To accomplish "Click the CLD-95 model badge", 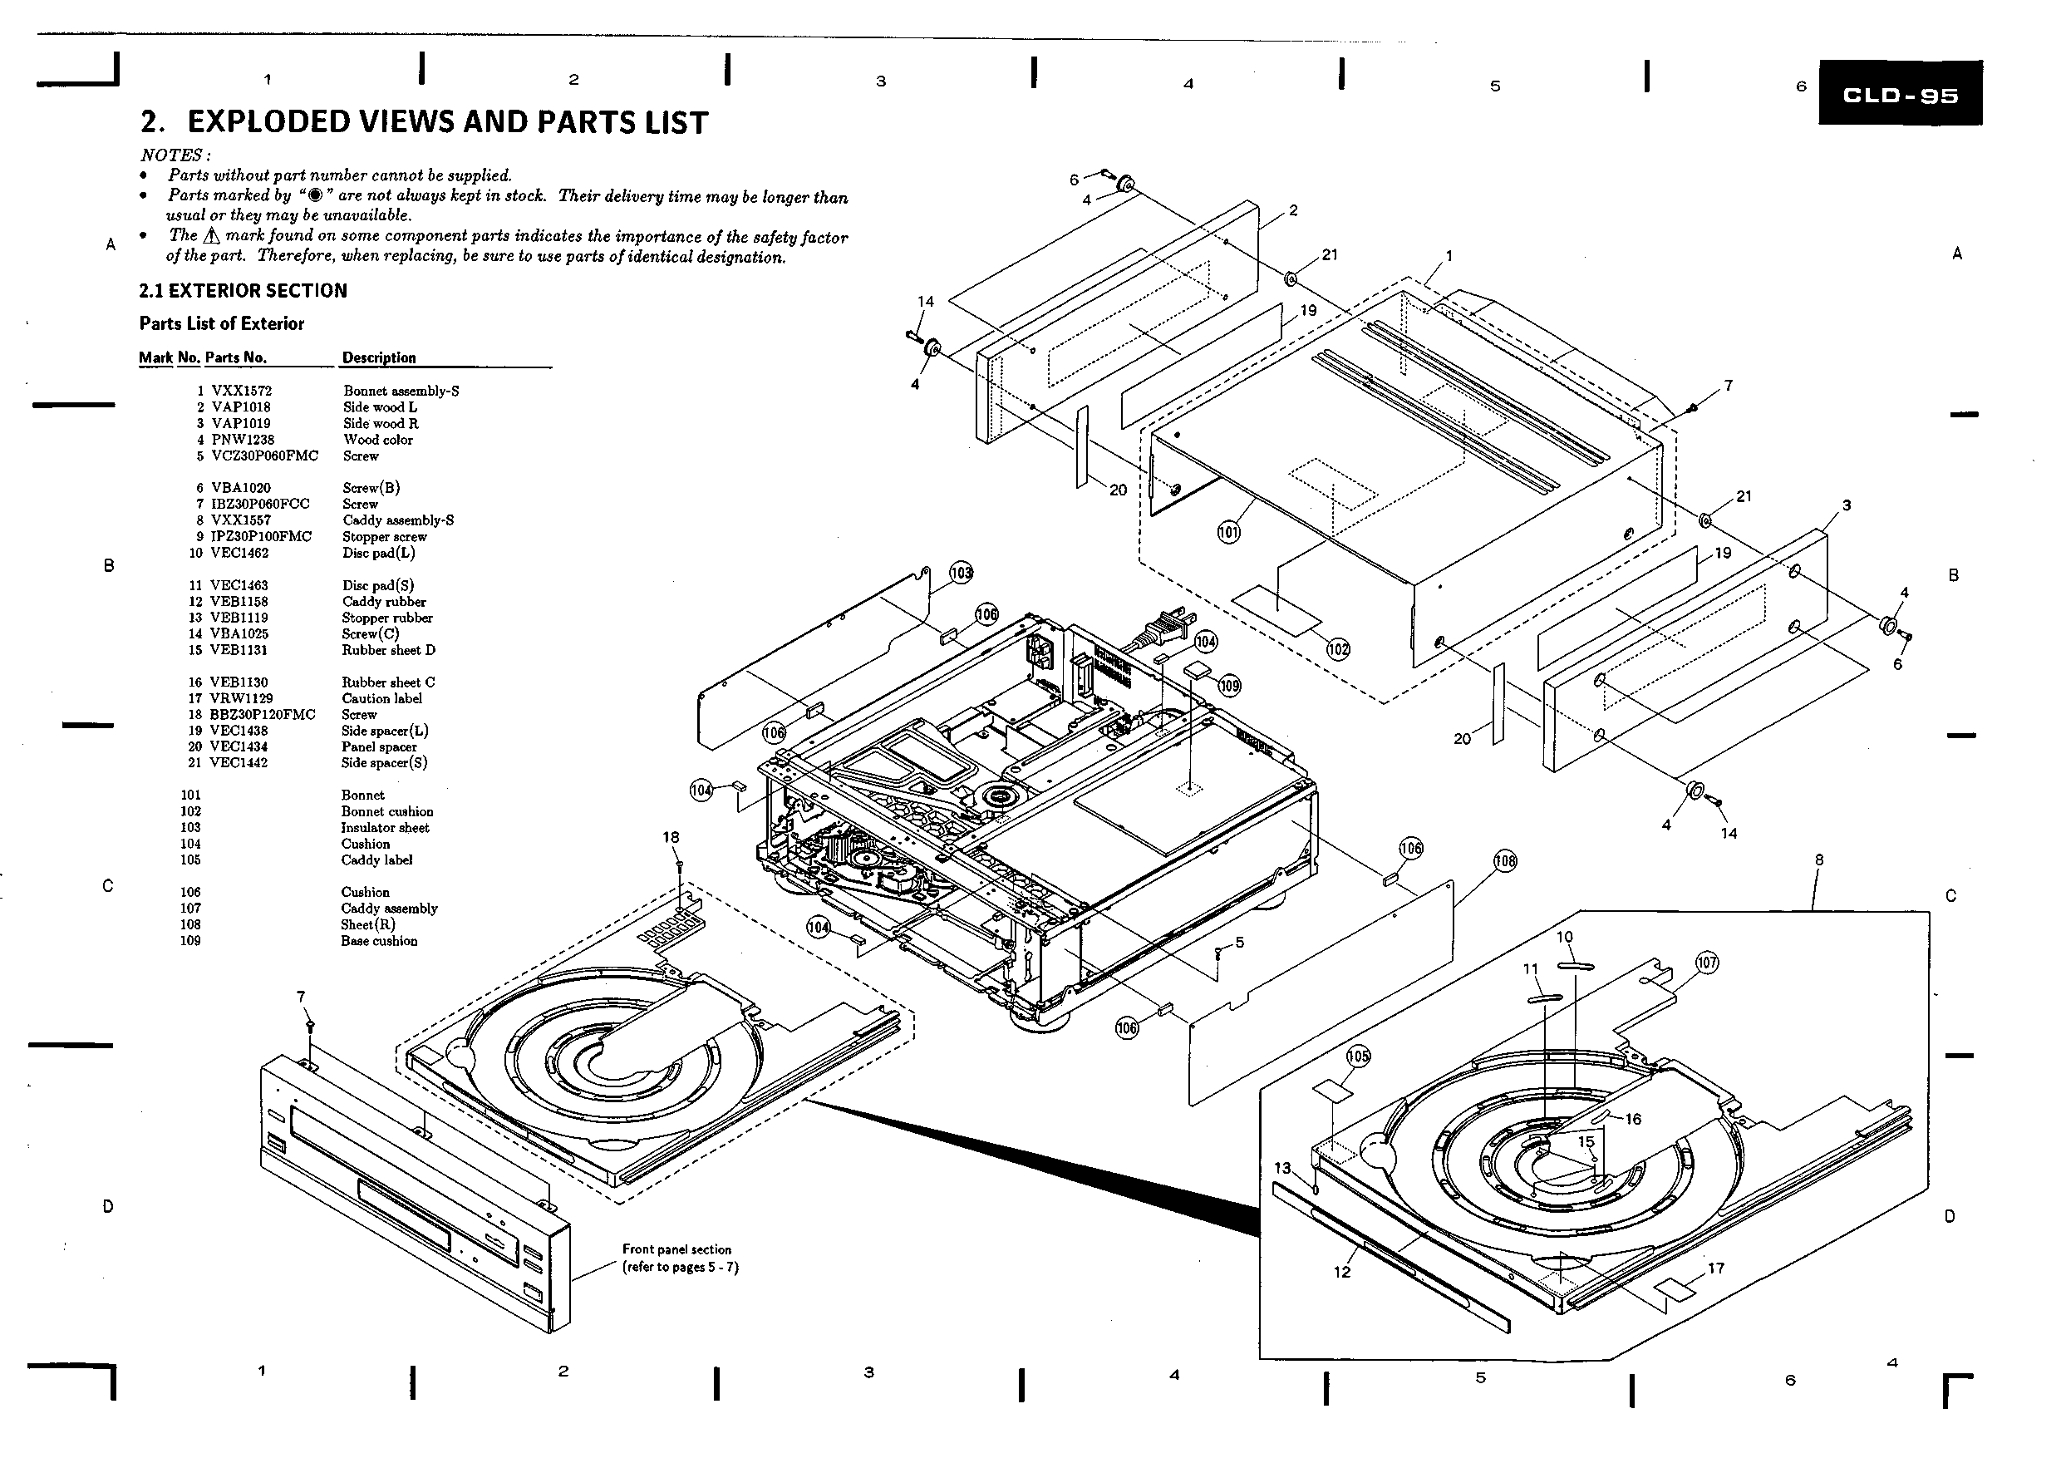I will coord(1900,95).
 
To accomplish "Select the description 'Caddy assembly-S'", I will coord(398,520).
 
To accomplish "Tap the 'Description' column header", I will coord(379,357).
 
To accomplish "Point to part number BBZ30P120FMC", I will coord(263,715).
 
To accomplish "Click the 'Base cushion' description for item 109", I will coord(379,941).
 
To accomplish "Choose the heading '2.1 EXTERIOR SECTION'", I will coord(243,290).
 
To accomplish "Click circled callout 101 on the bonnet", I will coord(1228,532).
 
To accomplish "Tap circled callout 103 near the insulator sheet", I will coord(961,573).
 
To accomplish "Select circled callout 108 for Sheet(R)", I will coord(1504,862).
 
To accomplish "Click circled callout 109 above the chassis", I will coord(1229,686).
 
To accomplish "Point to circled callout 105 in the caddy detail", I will coord(1358,1057).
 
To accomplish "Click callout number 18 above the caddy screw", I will coord(671,837).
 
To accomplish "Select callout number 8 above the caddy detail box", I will coord(1818,860).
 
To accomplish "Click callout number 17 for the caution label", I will coord(1715,1268).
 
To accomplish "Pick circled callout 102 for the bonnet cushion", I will coord(1337,649).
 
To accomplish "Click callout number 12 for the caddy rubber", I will coord(1342,1272).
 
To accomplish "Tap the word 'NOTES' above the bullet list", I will coord(172,155).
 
